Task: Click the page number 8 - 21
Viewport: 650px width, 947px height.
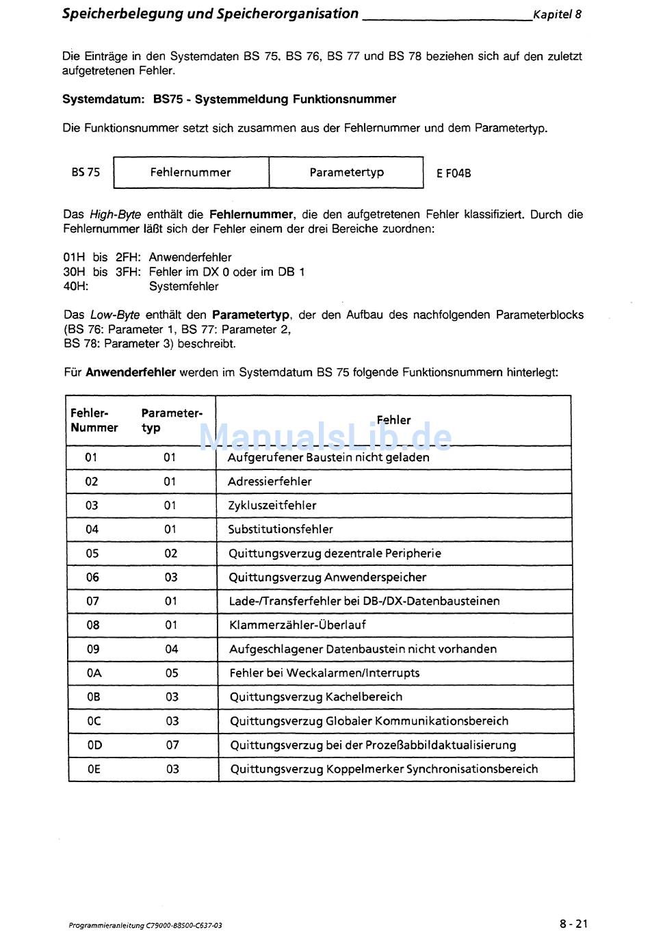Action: point(573,924)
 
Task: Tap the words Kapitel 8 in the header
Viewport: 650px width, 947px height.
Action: point(558,14)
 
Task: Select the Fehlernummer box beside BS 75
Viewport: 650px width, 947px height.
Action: point(191,172)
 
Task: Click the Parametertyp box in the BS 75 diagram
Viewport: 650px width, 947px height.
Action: point(346,172)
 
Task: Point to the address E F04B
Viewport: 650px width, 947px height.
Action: point(454,174)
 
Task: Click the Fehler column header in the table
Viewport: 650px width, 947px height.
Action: point(393,420)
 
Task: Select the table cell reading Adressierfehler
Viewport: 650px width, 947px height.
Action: point(270,482)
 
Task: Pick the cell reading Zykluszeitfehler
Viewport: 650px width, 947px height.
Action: point(272,506)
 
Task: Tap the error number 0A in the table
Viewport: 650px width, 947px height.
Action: point(94,673)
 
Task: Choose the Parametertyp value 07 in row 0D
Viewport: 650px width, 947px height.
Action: point(172,745)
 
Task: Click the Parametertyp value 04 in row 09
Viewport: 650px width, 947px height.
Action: point(172,649)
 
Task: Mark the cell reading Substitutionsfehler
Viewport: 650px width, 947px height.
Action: point(281,530)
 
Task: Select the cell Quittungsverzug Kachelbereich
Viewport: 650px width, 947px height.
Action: point(316,697)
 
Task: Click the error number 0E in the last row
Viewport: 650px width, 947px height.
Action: point(94,769)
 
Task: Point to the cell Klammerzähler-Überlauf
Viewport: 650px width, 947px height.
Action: point(298,625)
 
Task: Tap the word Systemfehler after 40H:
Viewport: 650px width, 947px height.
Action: point(183,287)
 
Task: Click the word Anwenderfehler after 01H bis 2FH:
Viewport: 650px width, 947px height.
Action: point(190,258)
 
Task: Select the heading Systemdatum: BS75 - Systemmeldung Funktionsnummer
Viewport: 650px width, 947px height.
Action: point(229,99)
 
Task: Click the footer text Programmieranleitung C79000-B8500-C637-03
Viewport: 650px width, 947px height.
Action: point(145,926)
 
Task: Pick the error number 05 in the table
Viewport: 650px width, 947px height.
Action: point(92,554)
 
